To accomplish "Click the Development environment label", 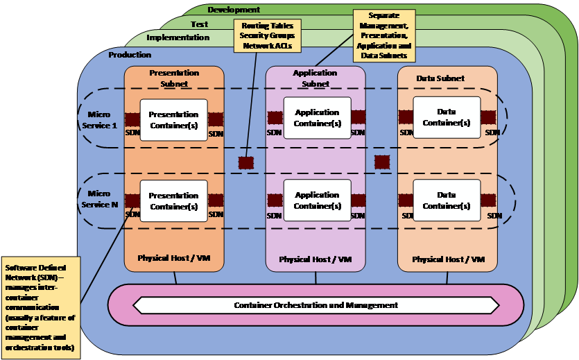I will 234,10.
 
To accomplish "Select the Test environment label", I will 199,24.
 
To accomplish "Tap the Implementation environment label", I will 178,37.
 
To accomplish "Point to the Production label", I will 130,55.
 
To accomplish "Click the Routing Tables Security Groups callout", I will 266,35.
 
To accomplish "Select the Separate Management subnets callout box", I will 383,35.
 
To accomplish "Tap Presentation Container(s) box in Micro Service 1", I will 173,120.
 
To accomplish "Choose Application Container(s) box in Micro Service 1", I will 317,118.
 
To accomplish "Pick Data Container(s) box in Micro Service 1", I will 447,117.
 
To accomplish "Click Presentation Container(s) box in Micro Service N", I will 173,201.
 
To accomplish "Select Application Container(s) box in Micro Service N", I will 317,200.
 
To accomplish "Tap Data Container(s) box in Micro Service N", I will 447,200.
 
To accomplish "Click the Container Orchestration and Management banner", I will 316,305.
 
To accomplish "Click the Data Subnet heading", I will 440,78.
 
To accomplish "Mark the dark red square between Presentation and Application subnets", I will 246,162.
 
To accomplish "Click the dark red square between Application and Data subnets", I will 382,162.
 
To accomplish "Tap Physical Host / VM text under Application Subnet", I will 315,259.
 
